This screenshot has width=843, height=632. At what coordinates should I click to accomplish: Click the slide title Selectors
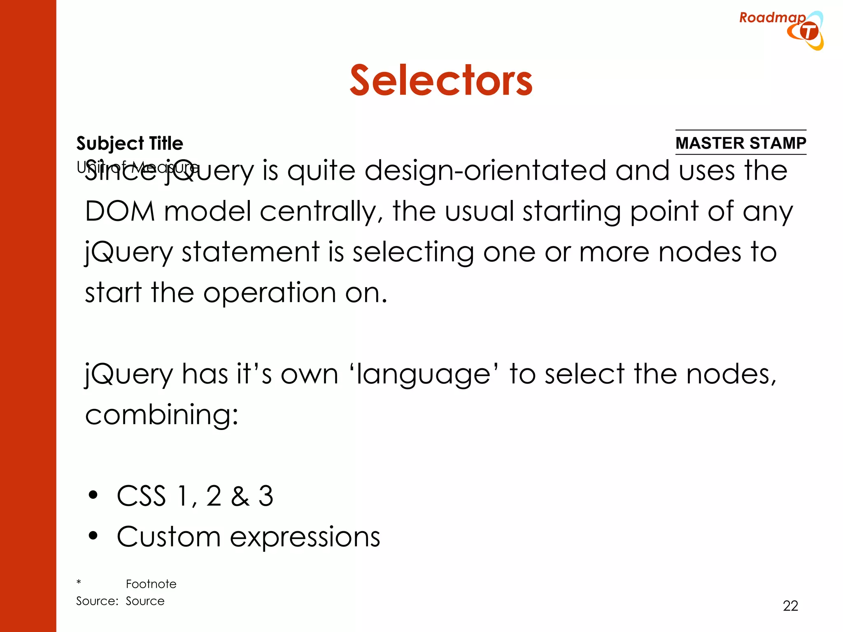click(x=441, y=81)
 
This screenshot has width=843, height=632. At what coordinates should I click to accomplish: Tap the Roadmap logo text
click(x=772, y=18)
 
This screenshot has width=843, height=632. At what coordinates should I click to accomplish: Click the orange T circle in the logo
click(x=809, y=32)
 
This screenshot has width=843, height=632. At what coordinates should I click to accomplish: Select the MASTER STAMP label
click(x=741, y=143)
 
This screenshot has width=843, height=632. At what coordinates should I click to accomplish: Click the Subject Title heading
click(x=130, y=143)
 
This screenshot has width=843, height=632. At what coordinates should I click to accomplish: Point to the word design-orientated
click(x=485, y=170)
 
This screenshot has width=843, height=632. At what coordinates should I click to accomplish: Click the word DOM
click(x=120, y=211)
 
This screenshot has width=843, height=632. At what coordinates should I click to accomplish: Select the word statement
click(x=251, y=252)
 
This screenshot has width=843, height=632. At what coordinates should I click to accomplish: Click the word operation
click(x=270, y=293)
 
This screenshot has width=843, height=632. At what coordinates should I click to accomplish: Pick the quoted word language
click(x=424, y=374)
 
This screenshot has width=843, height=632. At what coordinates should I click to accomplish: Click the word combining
click(x=161, y=415)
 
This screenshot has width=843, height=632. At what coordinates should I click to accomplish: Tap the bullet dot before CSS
click(x=93, y=495)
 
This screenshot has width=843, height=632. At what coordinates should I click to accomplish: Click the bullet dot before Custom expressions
click(x=93, y=536)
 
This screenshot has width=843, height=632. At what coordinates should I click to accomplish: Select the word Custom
click(x=169, y=537)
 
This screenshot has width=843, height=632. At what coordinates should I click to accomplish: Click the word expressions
click(x=305, y=537)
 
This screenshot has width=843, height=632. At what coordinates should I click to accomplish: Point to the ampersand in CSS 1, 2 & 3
click(x=240, y=496)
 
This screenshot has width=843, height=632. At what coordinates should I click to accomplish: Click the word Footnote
click(x=151, y=584)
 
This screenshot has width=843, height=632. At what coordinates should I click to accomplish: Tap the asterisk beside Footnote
click(x=79, y=582)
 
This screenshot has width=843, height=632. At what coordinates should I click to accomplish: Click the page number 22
click(x=790, y=606)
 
